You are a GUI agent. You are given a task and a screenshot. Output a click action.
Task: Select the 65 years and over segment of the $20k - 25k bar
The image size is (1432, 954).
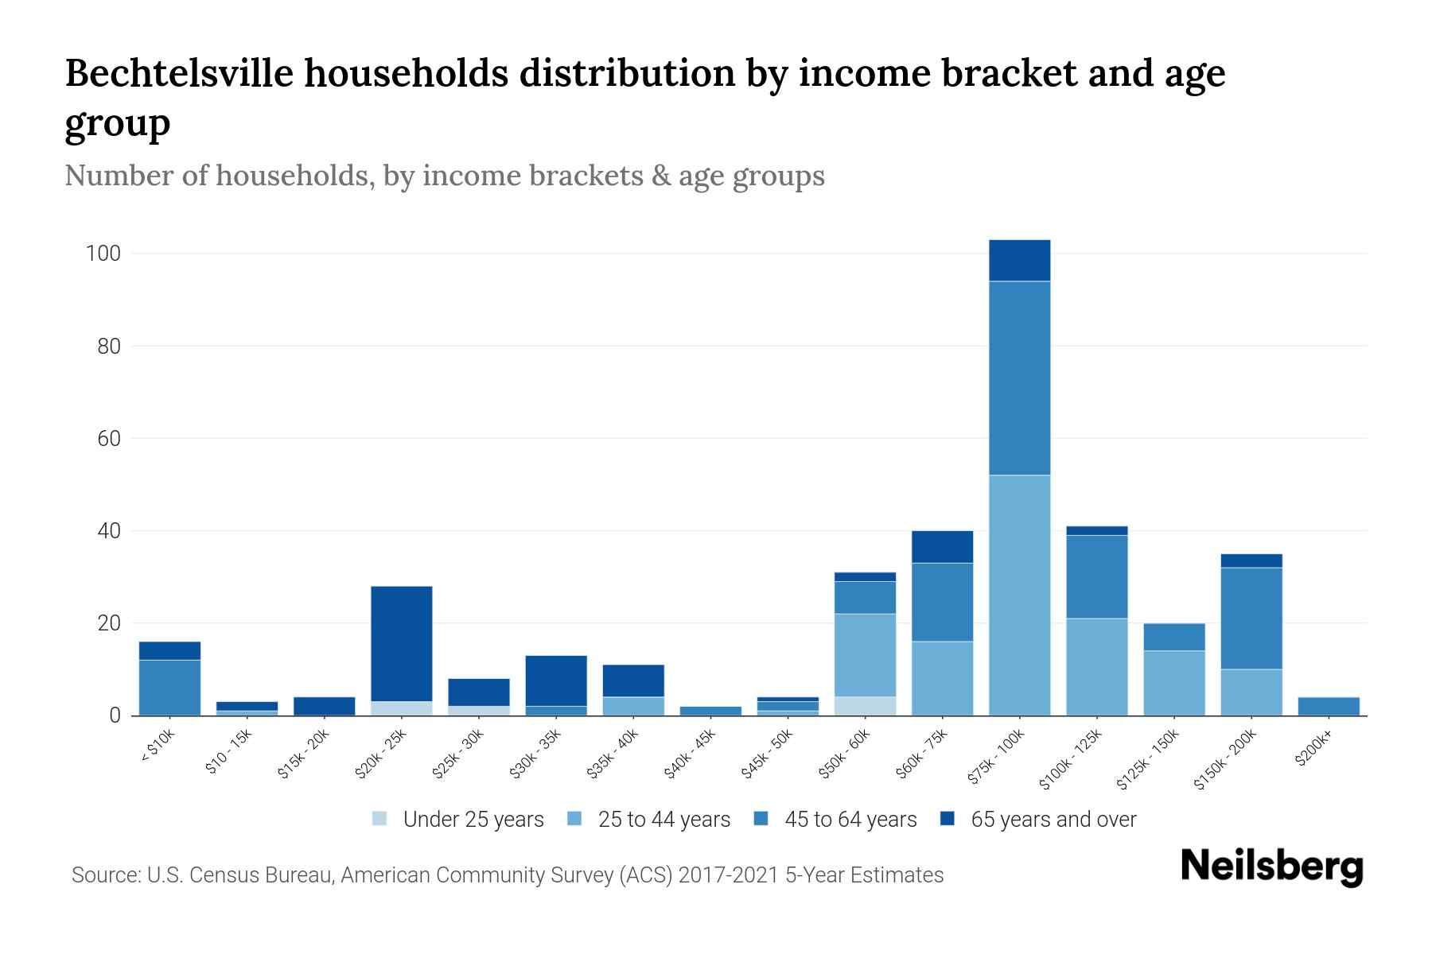click(x=402, y=643)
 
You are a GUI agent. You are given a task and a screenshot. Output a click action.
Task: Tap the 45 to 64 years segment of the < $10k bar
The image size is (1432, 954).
click(x=169, y=687)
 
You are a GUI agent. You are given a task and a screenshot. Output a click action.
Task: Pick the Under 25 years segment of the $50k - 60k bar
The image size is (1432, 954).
click(x=865, y=706)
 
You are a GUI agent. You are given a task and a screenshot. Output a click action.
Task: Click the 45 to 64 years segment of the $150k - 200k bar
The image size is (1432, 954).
click(x=1251, y=618)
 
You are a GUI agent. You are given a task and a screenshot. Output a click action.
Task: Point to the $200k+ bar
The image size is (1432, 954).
click(x=1329, y=706)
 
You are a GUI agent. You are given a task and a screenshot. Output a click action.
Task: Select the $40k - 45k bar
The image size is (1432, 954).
click(x=711, y=711)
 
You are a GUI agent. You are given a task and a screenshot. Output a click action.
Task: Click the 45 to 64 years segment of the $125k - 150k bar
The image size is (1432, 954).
click(x=1174, y=637)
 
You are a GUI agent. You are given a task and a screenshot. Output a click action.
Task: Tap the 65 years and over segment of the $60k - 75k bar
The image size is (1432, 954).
click(x=942, y=547)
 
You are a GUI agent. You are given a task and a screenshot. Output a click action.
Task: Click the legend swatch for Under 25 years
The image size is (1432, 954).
click(x=380, y=819)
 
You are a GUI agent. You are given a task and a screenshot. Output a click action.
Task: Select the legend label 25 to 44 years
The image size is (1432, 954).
click(x=663, y=820)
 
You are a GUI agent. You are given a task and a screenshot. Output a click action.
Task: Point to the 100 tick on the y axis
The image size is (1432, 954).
click(x=103, y=254)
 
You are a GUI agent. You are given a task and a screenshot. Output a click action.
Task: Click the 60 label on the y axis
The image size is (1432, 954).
click(x=109, y=439)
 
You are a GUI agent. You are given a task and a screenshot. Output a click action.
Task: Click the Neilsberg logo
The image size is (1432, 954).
click(x=1271, y=867)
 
